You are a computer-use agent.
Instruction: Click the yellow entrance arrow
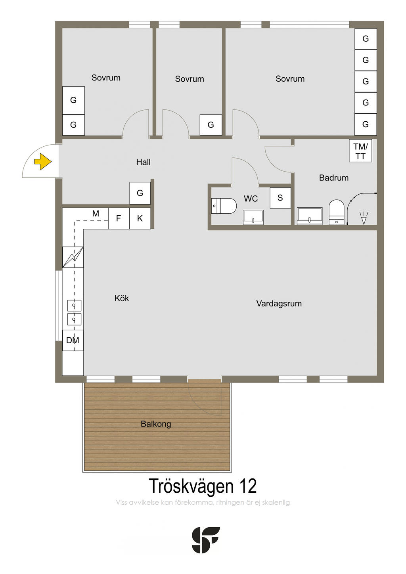(x=43, y=161)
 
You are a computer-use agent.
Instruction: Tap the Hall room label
(x=143, y=162)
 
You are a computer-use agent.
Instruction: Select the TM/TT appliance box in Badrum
(x=360, y=151)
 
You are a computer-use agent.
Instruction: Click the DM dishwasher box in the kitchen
(x=73, y=340)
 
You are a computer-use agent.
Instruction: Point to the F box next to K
(x=119, y=218)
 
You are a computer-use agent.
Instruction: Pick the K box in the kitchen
(x=140, y=218)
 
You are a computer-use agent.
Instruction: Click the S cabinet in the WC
(x=280, y=198)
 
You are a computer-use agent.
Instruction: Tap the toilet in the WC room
(x=224, y=206)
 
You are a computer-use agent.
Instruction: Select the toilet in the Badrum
(x=336, y=212)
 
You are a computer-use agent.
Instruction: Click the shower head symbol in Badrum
(x=364, y=218)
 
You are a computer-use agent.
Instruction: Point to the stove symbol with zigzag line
(x=73, y=257)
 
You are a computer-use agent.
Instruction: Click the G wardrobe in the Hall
(x=140, y=193)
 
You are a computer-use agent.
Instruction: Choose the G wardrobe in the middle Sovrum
(x=211, y=125)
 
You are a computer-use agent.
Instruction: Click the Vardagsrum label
(x=279, y=304)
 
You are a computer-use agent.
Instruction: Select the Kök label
(x=122, y=298)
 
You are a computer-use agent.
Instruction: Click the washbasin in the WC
(x=253, y=217)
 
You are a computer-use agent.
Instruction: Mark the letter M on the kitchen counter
(x=96, y=213)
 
